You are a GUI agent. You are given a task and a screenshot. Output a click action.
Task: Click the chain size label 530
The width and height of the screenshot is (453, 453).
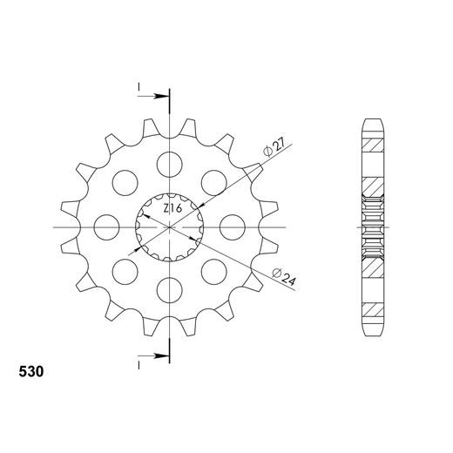tap(32, 371)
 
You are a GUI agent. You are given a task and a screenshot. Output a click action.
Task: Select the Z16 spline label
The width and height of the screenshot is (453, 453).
tap(172, 210)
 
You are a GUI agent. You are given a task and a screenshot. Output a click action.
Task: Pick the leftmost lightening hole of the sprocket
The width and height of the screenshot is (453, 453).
tap(106, 226)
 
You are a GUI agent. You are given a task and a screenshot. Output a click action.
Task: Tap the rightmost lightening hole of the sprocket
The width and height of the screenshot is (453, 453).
tap(233, 226)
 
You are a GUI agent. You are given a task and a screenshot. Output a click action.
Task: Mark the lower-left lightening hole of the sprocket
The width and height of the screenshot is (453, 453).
tap(125, 271)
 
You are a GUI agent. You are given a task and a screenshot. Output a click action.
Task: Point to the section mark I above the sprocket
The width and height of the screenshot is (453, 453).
tap(138, 86)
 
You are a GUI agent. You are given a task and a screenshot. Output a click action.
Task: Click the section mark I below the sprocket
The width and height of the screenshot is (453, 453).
tap(138, 362)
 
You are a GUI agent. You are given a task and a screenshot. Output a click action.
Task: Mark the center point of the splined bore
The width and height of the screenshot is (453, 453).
tap(170, 226)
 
